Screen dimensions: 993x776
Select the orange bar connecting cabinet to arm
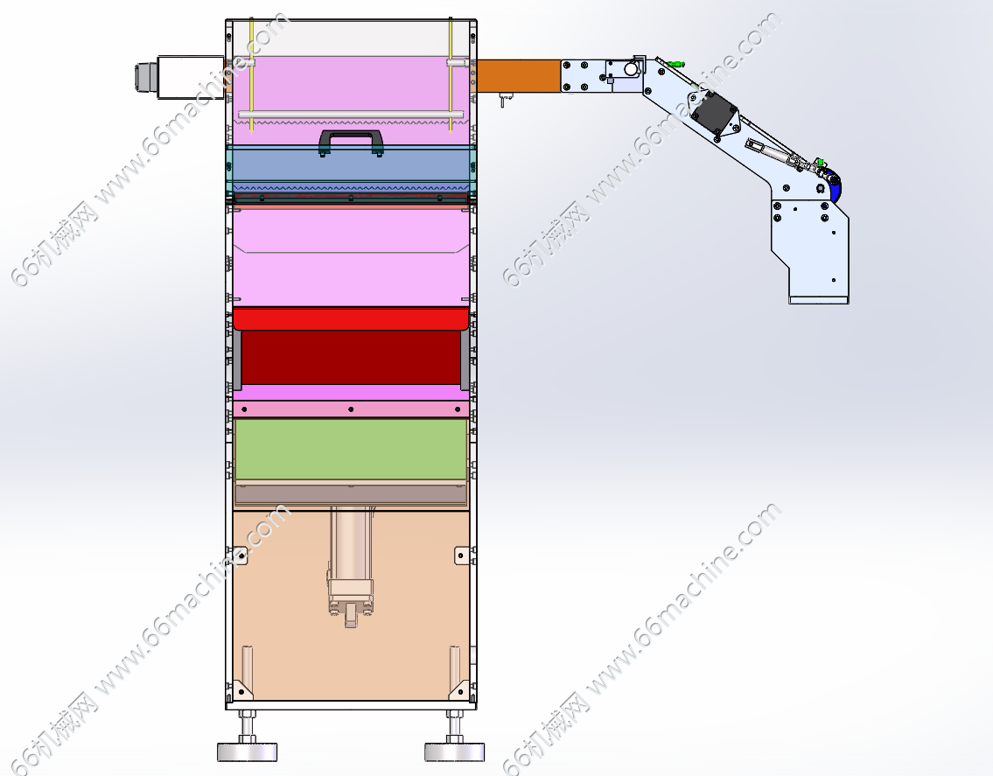tap(518, 76)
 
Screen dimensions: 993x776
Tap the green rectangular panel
tap(351, 449)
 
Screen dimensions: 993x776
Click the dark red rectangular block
tap(351, 357)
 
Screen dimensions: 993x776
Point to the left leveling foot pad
tap(247, 752)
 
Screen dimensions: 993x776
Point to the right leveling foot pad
tap(454, 752)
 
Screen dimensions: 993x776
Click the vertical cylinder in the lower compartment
tap(350, 563)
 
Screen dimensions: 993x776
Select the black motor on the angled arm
tap(715, 113)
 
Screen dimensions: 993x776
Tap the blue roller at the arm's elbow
tap(836, 188)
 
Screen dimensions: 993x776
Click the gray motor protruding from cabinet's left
tap(179, 77)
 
